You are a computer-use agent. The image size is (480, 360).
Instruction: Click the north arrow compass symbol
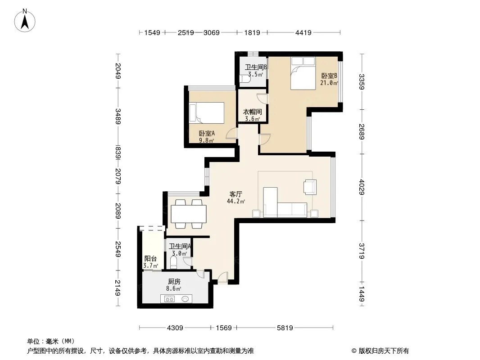coord(25,21)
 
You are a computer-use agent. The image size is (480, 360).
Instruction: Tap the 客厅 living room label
coord(235,194)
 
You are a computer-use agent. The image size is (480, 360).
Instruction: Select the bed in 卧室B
coord(303,73)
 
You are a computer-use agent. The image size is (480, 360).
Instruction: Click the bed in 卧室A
coord(207,112)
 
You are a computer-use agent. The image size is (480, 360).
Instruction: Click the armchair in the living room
coord(310,187)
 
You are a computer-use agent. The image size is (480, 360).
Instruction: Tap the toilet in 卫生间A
coord(173,262)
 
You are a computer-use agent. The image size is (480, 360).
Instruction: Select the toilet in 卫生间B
coord(245,79)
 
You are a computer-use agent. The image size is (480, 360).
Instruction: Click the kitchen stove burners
coord(169,299)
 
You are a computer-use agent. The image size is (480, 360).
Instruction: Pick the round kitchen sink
coord(185,299)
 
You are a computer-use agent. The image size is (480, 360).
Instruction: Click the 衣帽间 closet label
coord(252,112)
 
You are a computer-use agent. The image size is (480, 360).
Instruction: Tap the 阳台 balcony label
coord(150,258)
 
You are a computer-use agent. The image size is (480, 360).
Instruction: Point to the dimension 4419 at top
coord(303,32)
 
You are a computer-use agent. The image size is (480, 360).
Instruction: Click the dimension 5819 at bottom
coord(285,328)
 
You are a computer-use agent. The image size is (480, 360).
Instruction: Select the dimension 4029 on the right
coord(362,187)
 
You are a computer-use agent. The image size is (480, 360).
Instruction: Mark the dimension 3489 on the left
coord(118,116)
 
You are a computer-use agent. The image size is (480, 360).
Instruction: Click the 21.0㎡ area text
coord(329,83)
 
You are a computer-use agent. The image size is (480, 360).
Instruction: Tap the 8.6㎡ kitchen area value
coord(173,288)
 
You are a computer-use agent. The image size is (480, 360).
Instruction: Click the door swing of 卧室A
coord(231,133)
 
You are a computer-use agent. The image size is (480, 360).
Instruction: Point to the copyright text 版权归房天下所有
coord(384,351)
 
